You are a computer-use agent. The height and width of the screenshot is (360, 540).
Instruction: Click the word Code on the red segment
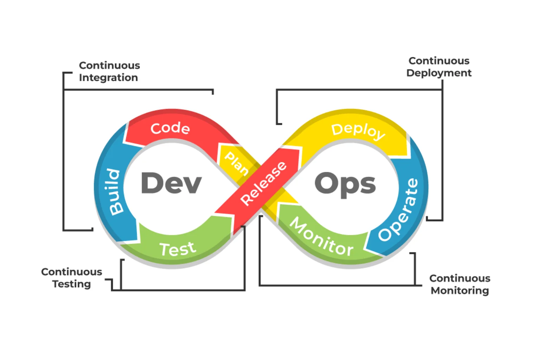click(x=170, y=128)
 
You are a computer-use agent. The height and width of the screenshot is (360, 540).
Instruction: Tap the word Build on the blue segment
click(x=115, y=192)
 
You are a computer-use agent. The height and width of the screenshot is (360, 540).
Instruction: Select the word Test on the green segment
click(x=178, y=249)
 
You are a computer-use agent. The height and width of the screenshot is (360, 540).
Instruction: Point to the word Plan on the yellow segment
click(x=237, y=163)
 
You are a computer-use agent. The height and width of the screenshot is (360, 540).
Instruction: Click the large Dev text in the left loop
click(x=171, y=183)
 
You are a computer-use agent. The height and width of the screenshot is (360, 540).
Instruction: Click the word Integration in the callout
click(x=108, y=78)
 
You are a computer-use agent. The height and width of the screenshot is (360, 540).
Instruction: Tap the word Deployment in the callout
click(x=439, y=73)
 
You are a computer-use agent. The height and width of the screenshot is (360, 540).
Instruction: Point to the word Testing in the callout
click(x=72, y=284)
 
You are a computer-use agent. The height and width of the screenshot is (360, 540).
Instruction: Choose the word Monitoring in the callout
click(x=460, y=291)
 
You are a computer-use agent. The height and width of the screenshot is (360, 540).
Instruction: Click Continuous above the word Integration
click(x=109, y=65)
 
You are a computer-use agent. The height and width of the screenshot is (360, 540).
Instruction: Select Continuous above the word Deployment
click(x=439, y=61)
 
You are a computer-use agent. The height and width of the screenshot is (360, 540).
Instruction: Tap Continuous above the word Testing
click(x=72, y=272)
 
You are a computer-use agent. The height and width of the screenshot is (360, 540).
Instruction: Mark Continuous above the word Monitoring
click(x=460, y=278)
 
